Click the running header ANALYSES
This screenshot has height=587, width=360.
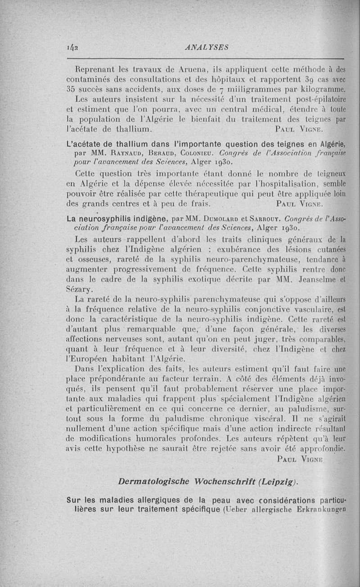pos(207,46)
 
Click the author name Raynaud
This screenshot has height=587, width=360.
pos(110,153)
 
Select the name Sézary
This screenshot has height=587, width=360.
pos(82,289)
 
